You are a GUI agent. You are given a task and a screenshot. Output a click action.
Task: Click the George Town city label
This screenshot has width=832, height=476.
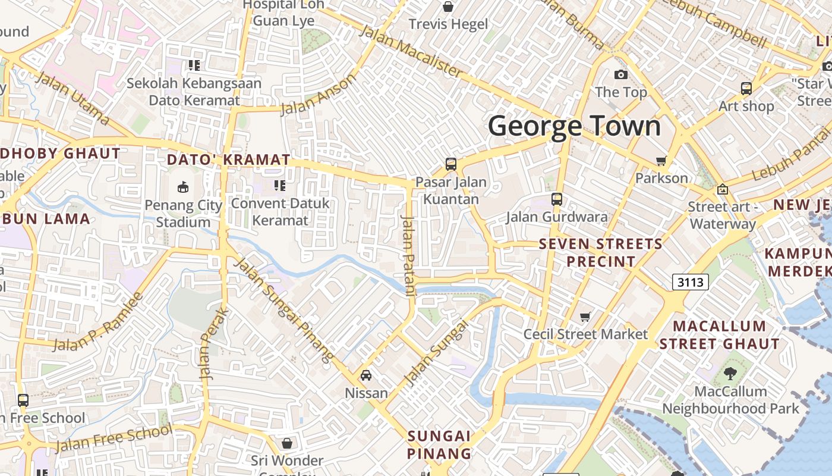point(574,126)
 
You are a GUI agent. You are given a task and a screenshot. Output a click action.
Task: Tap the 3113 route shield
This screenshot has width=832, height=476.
point(691,281)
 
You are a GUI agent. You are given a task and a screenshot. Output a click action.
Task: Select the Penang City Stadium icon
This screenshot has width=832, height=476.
point(183,187)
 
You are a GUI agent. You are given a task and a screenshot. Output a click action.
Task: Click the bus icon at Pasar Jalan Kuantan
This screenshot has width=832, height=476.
point(451,164)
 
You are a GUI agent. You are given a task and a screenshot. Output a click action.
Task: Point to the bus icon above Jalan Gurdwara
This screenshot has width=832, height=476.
point(557,199)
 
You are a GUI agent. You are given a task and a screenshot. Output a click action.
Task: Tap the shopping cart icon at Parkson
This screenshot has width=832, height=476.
point(661,161)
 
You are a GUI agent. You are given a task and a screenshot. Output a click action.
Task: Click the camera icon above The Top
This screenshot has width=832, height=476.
point(621,74)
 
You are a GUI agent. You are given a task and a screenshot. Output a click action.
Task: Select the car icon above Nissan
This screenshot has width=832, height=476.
point(366,375)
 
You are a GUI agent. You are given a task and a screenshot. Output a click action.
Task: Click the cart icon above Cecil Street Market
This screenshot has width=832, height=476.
point(585,317)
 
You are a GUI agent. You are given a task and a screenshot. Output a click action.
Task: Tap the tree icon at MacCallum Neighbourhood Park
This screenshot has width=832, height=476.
point(730,374)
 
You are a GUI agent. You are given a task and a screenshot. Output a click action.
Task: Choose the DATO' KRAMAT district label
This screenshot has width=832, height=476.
point(229,159)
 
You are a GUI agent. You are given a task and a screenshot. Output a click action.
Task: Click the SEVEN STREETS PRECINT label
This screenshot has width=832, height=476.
point(600,252)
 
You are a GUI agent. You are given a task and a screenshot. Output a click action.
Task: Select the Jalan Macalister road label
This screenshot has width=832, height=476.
point(411,52)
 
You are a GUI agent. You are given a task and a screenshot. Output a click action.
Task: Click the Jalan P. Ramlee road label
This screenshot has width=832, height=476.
point(99,321)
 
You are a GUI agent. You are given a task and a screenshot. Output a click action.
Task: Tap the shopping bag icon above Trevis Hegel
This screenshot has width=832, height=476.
point(448,7)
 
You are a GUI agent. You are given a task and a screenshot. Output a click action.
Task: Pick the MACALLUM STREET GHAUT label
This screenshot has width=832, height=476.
point(719,334)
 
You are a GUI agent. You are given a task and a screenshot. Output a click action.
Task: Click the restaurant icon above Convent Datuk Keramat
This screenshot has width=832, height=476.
point(280,186)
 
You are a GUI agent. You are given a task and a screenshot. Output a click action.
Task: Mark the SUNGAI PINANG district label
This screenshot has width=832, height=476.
point(439,444)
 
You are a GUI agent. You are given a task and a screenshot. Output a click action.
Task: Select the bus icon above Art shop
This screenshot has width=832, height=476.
point(746,89)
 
